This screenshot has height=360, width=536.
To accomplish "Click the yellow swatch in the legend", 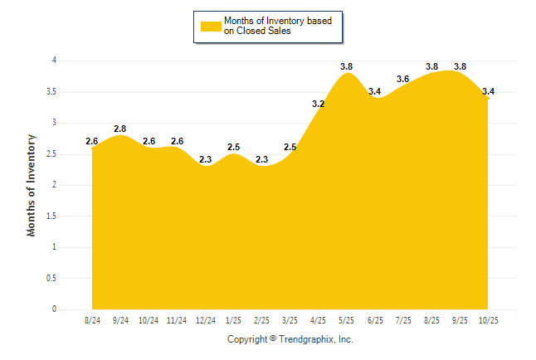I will point(210,26).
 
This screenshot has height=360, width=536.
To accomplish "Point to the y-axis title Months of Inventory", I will point(32,185).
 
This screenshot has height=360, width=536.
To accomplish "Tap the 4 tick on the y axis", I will point(54,61).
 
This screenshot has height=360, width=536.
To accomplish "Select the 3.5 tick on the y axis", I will point(51,92).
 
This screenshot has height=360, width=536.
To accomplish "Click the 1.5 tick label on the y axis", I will point(51,216).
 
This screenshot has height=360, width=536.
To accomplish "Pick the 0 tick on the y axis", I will point(54,309).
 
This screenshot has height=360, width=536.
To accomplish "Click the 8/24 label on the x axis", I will point(92,319).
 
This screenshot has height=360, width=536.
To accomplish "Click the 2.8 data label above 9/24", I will point(119,129).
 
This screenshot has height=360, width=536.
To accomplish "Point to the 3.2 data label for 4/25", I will point(318,104).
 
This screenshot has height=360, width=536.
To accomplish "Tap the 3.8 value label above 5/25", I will point(347,66).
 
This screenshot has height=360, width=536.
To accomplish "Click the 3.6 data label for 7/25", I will point(403,79).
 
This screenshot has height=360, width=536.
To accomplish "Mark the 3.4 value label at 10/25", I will point(489,91).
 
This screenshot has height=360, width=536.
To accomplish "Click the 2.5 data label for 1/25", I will point(234,147).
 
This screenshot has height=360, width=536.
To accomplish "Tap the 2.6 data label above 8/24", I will point(92,141).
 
